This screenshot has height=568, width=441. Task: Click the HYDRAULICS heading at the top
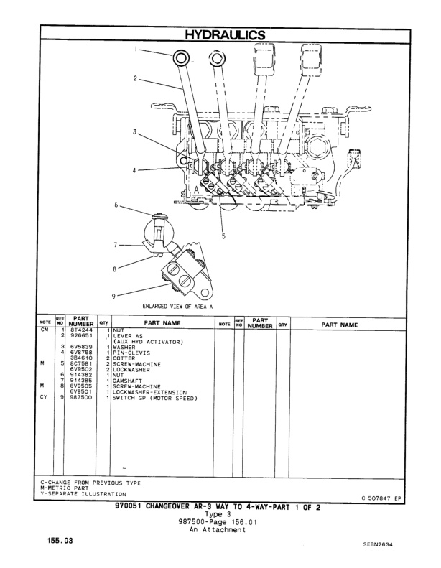click(220, 34)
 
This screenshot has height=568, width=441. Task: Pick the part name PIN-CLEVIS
click(130, 352)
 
